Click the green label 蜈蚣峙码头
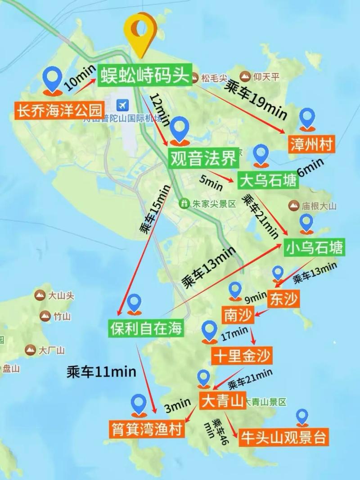pos(145,74)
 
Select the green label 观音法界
pos(202,158)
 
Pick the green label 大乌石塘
pos(268,181)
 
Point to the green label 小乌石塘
pos(314,247)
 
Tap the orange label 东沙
pos(283,299)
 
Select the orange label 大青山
pos(222,400)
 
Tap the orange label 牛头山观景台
pos(283,437)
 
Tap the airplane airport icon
pos(121,105)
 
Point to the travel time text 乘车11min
pos(101,372)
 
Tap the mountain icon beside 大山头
pos(40,296)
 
